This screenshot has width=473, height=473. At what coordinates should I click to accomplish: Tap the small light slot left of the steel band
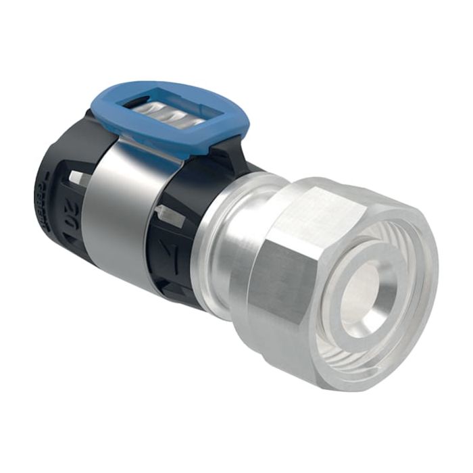[x=80, y=176]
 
